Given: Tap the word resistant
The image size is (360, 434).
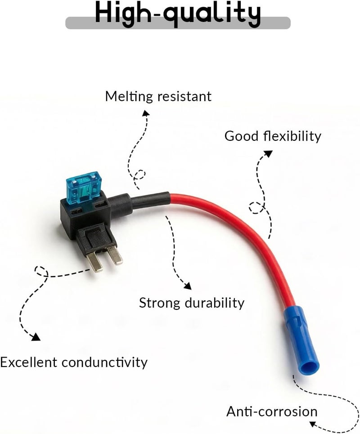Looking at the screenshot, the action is (x=184, y=97).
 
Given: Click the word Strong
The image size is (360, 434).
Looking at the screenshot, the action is (x=159, y=304).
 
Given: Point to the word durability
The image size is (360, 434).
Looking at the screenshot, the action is (x=215, y=303).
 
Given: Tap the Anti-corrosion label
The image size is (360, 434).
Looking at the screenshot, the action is (x=272, y=412).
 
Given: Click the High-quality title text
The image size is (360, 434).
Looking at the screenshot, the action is (x=177, y=14).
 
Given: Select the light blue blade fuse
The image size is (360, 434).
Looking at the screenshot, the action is (x=83, y=188).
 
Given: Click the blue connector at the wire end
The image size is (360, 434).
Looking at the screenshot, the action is (x=301, y=341).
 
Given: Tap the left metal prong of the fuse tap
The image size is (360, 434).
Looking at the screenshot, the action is (x=94, y=262).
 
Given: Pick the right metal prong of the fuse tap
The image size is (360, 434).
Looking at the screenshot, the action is (x=115, y=255).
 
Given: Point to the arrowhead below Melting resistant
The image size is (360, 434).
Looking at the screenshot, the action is (x=146, y=113).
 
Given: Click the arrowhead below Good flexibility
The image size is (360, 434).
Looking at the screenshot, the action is (x=268, y=153).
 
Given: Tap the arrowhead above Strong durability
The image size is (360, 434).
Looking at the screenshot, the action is (x=188, y=286).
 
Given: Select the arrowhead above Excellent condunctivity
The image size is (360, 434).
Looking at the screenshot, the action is (x=36, y=337).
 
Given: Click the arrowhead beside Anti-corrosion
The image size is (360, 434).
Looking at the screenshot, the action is (x=313, y=424).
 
